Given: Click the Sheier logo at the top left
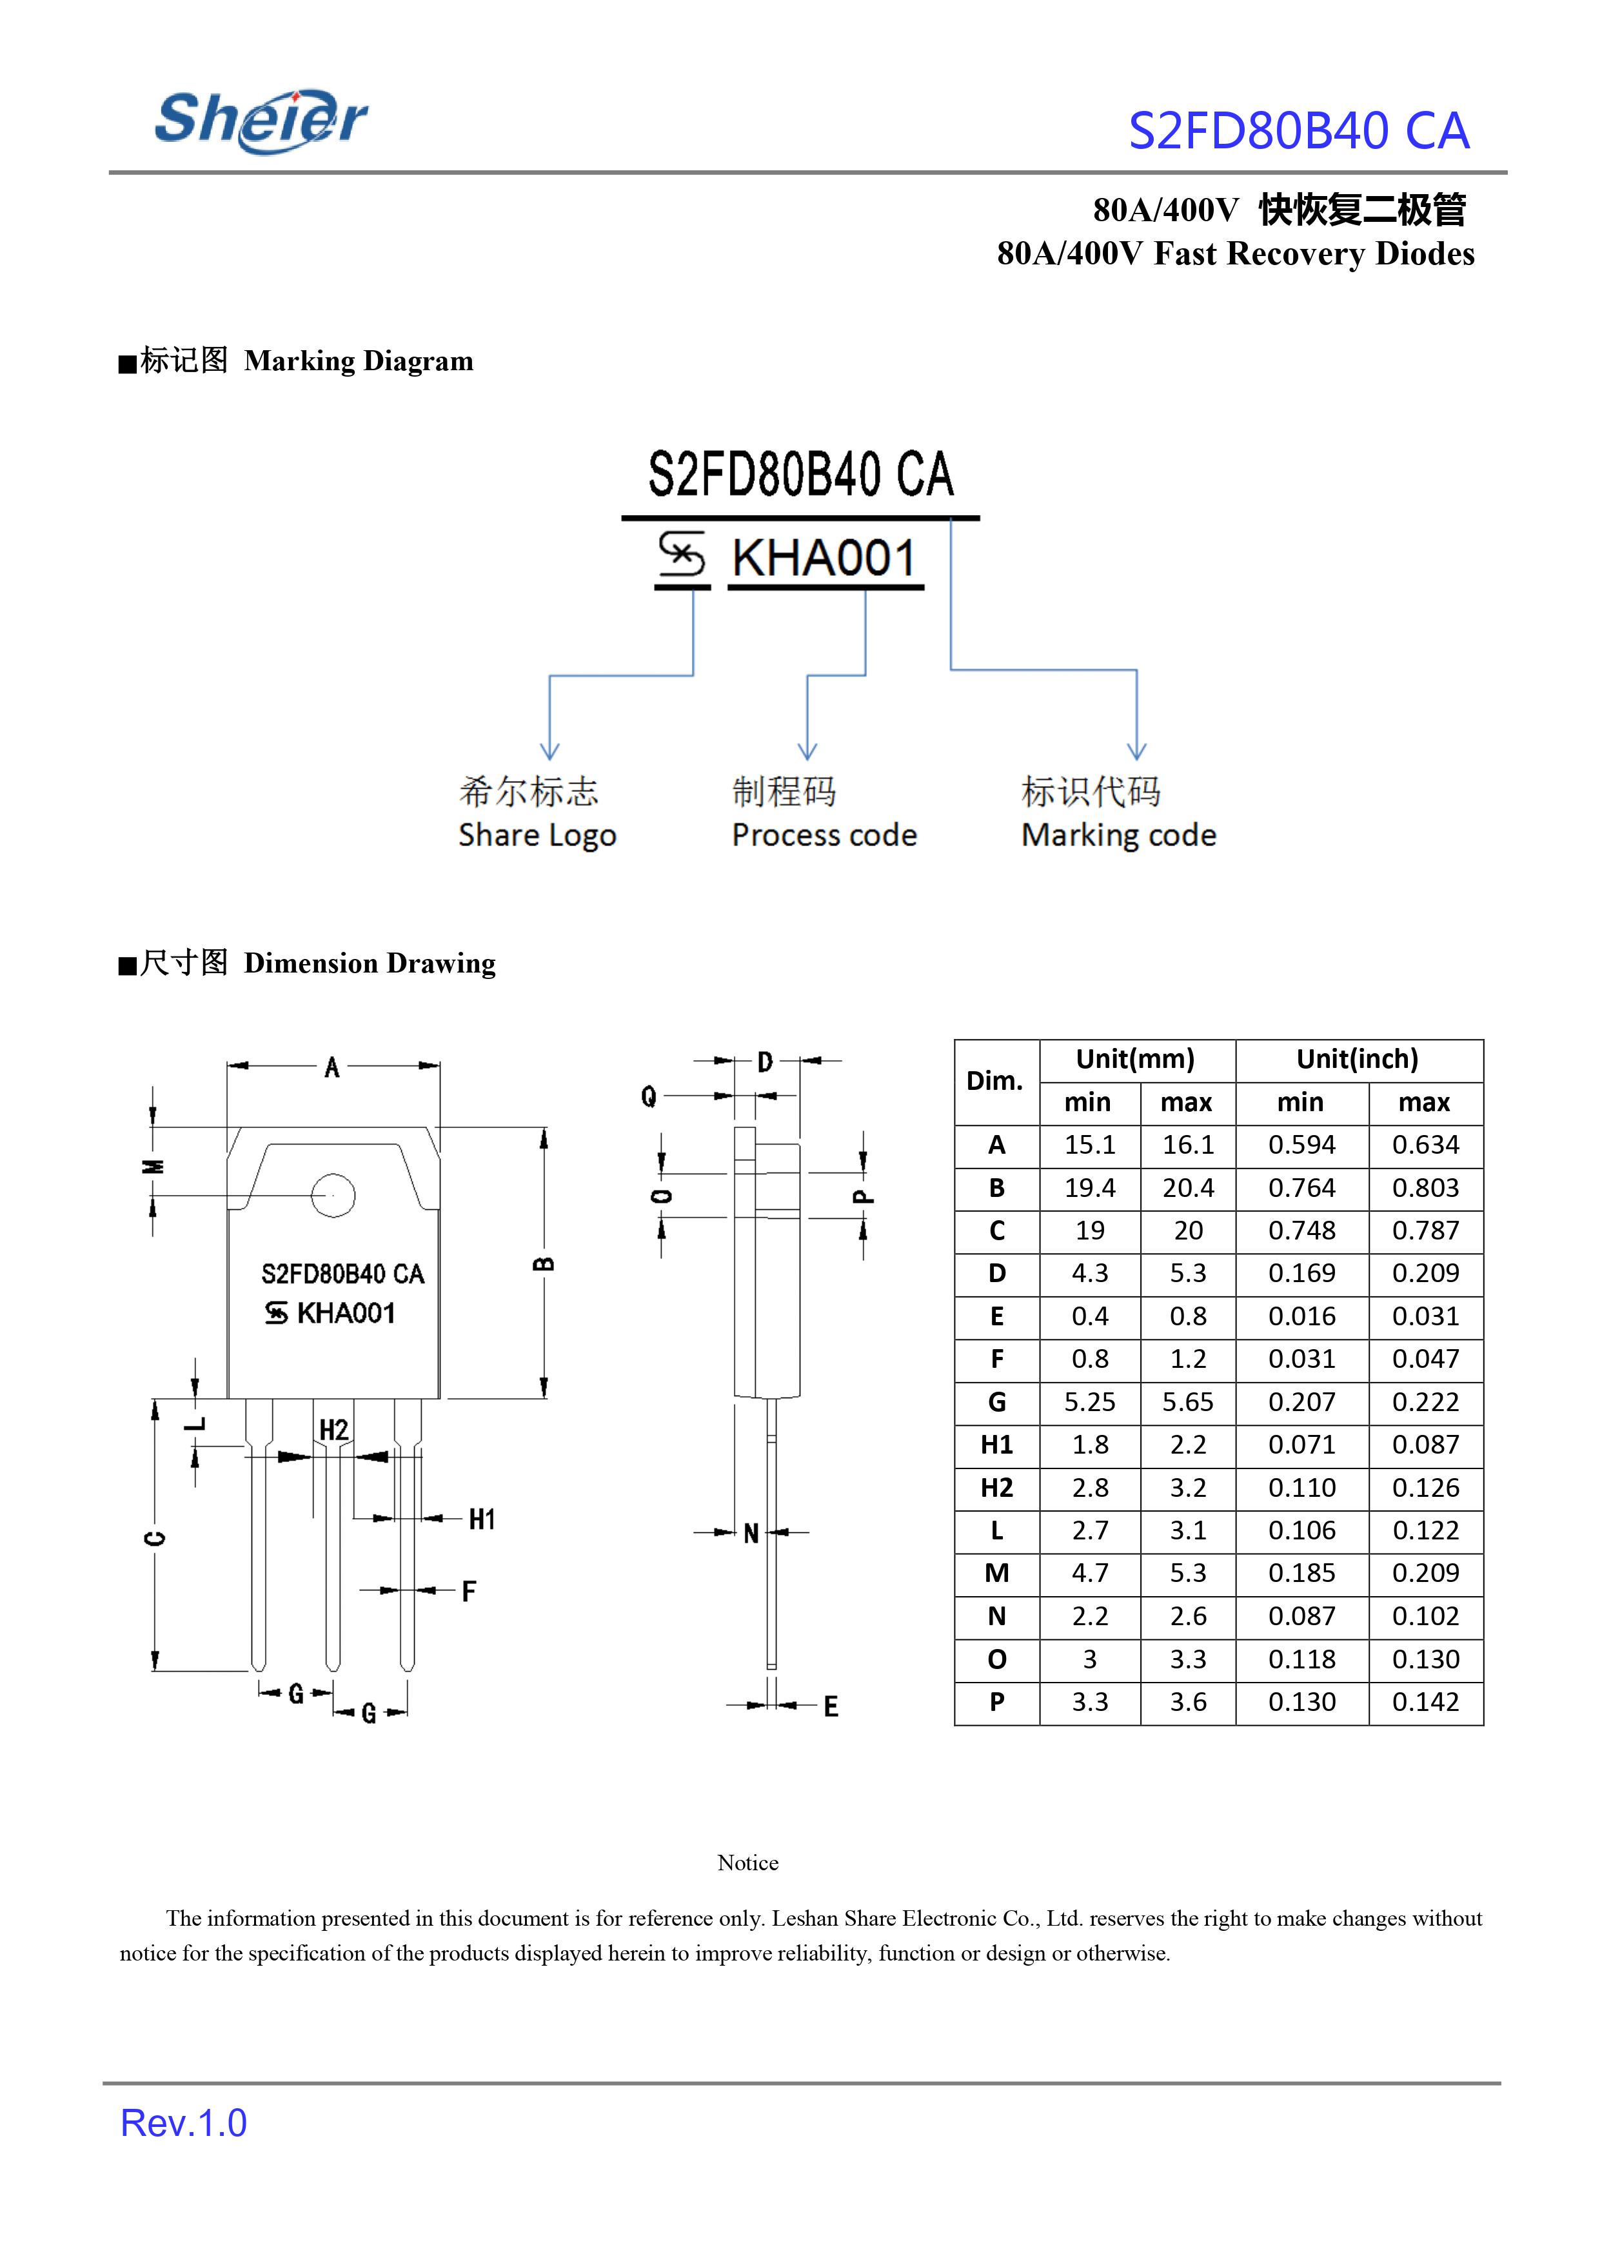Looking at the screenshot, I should click(x=261, y=121).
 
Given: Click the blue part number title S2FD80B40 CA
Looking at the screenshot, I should click(x=1298, y=131).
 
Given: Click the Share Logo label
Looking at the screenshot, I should click(x=537, y=836).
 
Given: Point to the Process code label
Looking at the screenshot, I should click(x=824, y=836).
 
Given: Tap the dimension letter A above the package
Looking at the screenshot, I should click(x=332, y=1067).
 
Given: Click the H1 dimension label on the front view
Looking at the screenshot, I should click(x=481, y=1519).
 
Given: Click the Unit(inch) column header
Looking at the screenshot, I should click(x=1358, y=1060).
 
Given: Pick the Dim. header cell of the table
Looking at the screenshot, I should click(x=995, y=1081).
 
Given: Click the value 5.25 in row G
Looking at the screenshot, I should click(x=1089, y=1402).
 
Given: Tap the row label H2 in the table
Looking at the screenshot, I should click(x=996, y=1488).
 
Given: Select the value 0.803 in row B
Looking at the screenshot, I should click(x=1425, y=1188).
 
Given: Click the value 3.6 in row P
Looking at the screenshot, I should click(x=1188, y=1702).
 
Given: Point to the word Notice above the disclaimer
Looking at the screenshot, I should click(x=747, y=1863).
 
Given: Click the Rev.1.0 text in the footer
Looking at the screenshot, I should click(x=183, y=2123).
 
